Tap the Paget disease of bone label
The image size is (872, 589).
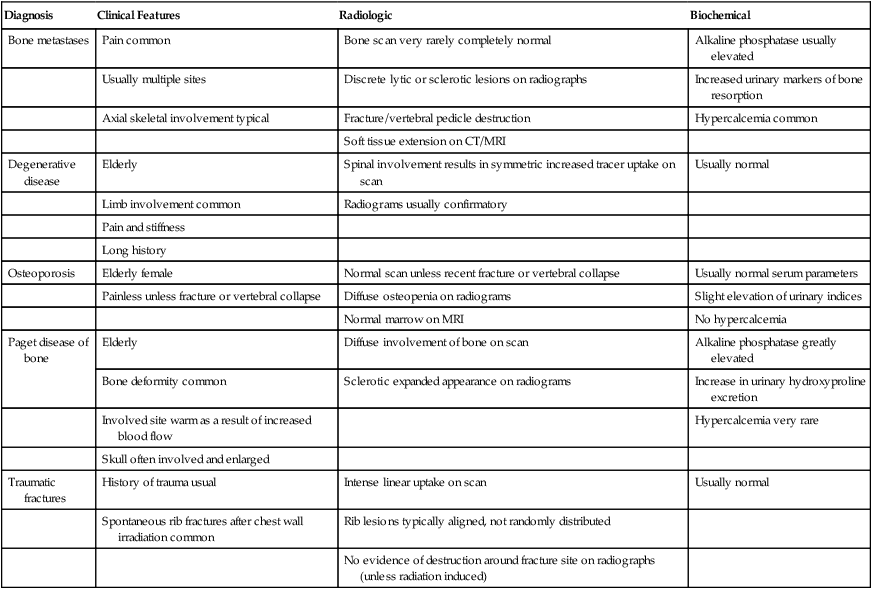click(x=48, y=350)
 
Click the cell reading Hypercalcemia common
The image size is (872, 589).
click(x=755, y=117)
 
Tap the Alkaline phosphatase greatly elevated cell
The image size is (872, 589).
click(x=765, y=350)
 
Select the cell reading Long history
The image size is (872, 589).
click(x=135, y=249)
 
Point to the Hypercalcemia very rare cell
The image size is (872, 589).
click(x=757, y=420)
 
